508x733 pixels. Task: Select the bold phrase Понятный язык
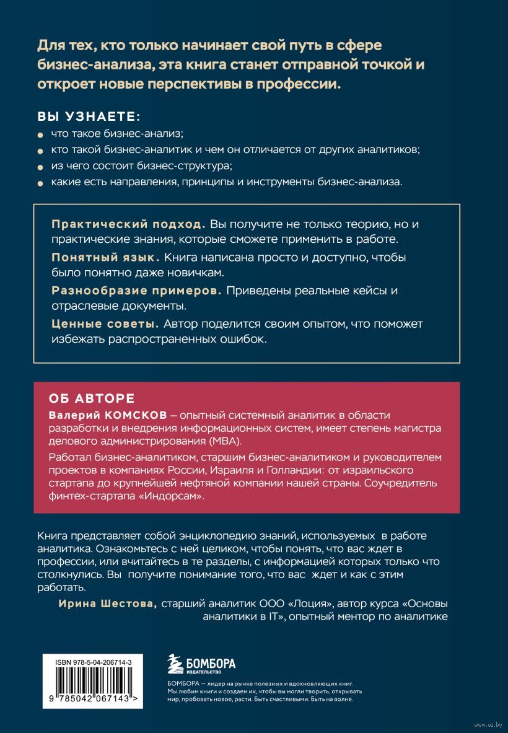(x=105, y=257)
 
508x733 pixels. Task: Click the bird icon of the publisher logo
(x=177, y=665)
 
